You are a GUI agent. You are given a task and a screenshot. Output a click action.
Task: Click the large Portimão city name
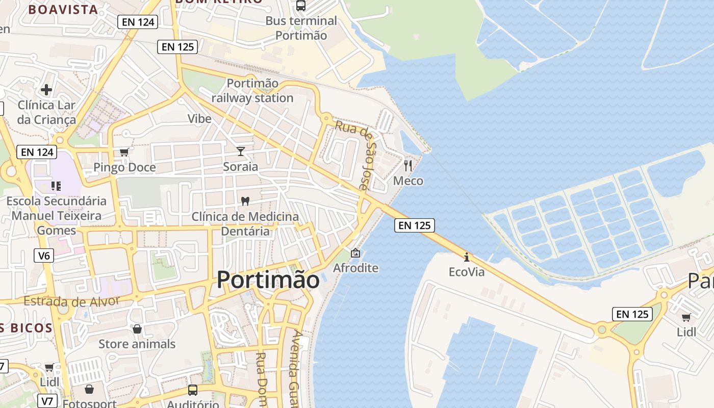pyautogui.click(x=268, y=280)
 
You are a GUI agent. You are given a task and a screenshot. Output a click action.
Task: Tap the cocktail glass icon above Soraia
pyautogui.click(x=241, y=151)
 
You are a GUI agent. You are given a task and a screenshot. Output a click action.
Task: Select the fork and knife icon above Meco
pyautogui.click(x=407, y=165)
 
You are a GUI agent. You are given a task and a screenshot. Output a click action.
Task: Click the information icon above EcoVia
pyautogui.click(x=466, y=257)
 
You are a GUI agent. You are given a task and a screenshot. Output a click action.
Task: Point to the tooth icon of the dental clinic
pyautogui.click(x=245, y=201)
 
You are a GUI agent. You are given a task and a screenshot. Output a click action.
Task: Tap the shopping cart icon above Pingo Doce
pyautogui.click(x=124, y=152)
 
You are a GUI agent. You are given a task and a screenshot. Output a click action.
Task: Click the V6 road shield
pyautogui.click(x=44, y=255)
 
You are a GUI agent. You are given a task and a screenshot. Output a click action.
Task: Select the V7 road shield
pyautogui.click(x=47, y=401)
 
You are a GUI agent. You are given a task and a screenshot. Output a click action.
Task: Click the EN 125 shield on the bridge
pyautogui.click(x=414, y=225)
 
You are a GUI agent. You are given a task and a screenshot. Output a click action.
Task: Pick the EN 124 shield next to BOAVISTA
pyautogui.click(x=138, y=21)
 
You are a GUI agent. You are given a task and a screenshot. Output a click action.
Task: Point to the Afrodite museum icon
pyautogui.click(x=355, y=253)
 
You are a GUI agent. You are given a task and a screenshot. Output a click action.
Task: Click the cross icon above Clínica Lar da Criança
pyautogui.click(x=46, y=90)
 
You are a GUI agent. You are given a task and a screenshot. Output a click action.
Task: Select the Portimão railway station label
pyautogui.click(x=252, y=90)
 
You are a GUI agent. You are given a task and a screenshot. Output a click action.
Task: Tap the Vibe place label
pyautogui.click(x=199, y=119)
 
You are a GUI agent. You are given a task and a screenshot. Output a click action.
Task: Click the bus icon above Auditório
pyautogui.click(x=193, y=390)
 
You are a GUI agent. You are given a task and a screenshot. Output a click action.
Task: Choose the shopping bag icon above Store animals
pyautogui.click(x=137, y=329)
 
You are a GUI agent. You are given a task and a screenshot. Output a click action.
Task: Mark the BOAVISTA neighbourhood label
pyautogui.click(x=63, y=9)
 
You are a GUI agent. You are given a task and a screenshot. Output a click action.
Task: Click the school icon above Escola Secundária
pyautogui.click(x=56, y=186)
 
